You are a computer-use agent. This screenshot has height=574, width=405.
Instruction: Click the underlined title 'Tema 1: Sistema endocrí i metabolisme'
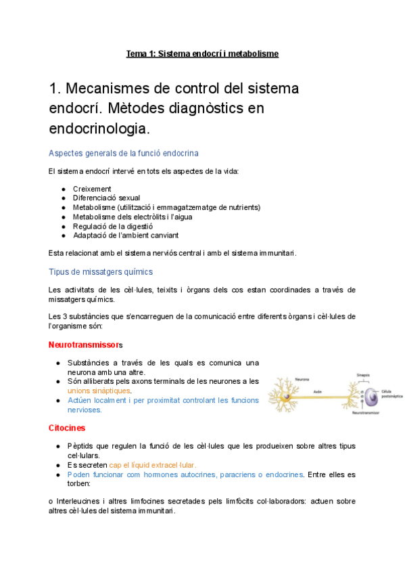point(202,53)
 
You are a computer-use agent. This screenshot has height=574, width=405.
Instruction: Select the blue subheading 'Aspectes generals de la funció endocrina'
point(123,154)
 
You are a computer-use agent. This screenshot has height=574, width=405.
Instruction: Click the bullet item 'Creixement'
point(92,189)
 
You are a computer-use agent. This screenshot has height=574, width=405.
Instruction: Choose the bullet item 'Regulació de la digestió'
point(113,226)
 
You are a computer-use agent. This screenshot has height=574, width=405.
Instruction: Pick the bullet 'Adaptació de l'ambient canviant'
point(126,236)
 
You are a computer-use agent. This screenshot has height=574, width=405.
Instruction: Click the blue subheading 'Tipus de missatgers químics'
point(101,271)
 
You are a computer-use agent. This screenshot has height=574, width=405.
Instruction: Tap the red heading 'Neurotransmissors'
point(85,345)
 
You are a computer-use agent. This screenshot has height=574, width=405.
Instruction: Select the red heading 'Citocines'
point(66,428)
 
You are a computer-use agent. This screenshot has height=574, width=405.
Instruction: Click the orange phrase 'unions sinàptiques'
point(99,391)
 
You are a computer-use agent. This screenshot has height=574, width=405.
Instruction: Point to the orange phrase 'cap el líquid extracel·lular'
point(152,465)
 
